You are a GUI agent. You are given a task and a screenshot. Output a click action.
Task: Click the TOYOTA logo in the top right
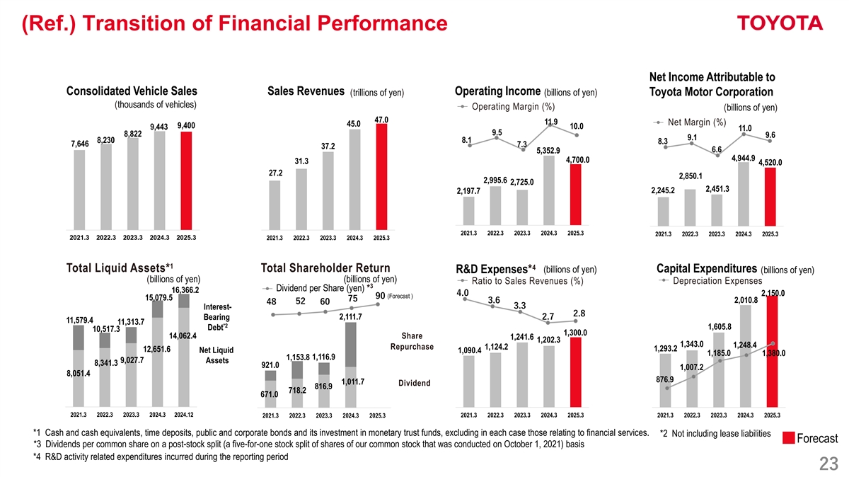780,24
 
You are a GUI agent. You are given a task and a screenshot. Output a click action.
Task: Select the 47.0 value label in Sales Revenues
381,120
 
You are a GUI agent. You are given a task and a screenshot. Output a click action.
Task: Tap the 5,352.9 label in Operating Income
548,150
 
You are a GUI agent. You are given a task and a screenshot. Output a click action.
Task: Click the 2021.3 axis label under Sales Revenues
275,238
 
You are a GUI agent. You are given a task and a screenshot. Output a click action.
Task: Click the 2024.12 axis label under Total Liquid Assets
185,415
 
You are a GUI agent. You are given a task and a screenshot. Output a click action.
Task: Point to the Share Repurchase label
411,341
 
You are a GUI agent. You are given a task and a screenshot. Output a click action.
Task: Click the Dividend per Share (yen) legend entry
320,287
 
